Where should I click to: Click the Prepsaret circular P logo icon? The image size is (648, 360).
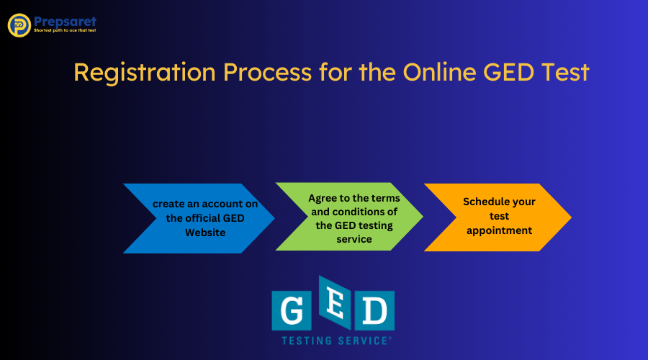point(19,25)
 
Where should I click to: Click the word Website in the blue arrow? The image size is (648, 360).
point(205,233)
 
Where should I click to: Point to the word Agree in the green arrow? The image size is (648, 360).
point(323,197)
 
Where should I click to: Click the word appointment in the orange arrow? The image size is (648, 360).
point(499,230)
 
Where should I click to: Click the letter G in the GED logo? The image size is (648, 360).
point(290,310)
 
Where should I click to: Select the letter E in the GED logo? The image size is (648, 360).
point(333,303)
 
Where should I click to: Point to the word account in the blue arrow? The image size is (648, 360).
point(216,204)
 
